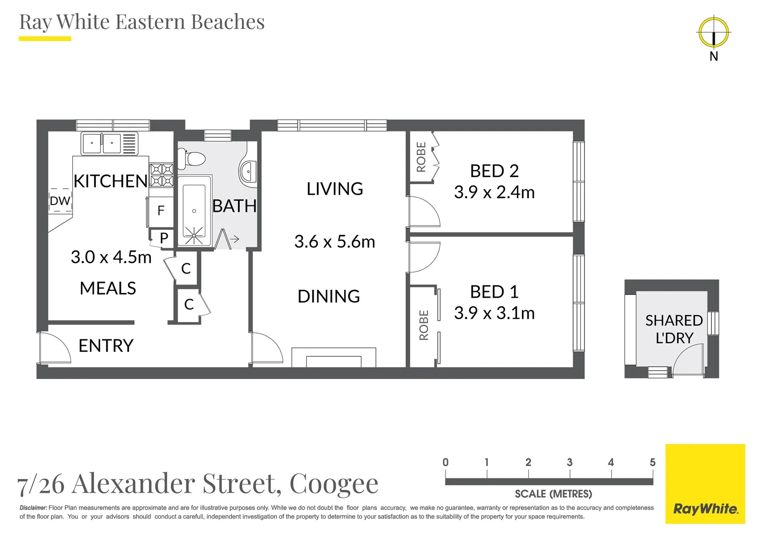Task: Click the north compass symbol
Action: pyautogui.click(x=713, y=33)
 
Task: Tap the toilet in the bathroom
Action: pyautogui.click(x=194, y=159)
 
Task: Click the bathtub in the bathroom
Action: pyautogui.click(x=194, y=211)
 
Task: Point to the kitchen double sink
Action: pyautogui.click(x=102, y=144)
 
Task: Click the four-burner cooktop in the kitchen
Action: pyautogui.click(x=162, y=175)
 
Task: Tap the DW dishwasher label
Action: pyautogui.click(x=60, y=201)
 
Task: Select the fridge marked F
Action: pyautogui.click(x=161, y=211)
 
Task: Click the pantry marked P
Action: pyautogui.click(x=164, y=238)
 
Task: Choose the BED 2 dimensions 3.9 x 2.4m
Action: pyautogui.click(x=494, y=192)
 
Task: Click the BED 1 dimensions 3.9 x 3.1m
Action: pyautogui.click(x=494, y=313)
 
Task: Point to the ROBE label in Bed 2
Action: pyautogui.click(x=421, y=157)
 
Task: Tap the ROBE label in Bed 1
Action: pyautogui.click(x=424, y=325)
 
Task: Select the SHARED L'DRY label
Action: pyautogui.click(x=674, y=329)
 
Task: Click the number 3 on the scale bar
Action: pyautogui.click(x=569, y=463)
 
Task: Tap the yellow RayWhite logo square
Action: pyautogui.click(x=705, y=484)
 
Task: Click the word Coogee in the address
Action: pyautogui.click(x=334, y=483)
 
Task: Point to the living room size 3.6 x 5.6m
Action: pyautogui.click(x=334, y=242)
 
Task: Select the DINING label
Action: pyautogui.click(x=328, y=296)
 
